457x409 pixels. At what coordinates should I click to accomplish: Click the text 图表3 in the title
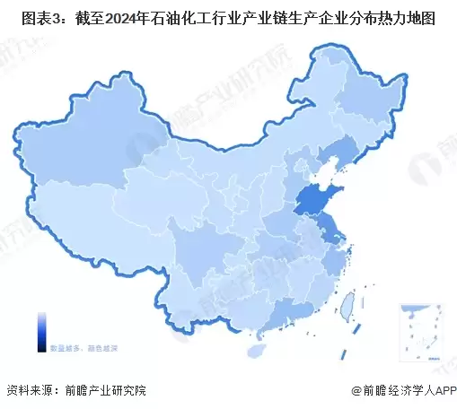click(x=29, y=17)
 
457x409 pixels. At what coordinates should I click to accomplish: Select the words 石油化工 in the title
click(x=176, y=17)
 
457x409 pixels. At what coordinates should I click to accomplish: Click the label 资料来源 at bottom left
click(x=29, y=391)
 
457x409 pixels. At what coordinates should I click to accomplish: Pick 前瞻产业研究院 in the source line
click(x=106, y=391)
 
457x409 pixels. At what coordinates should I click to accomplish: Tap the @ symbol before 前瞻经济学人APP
click(x=356, y=392)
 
